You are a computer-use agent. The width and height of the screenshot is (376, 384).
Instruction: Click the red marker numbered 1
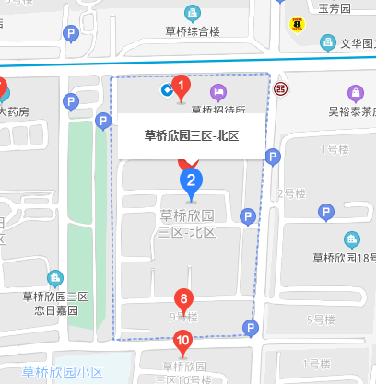182,88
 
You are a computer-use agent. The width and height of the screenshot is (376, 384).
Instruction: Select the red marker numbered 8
184,299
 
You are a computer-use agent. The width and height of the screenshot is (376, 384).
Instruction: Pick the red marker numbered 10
183,342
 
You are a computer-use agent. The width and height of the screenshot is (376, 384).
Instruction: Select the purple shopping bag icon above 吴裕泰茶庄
355,93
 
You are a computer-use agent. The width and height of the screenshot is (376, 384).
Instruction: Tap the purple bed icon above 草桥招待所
218,90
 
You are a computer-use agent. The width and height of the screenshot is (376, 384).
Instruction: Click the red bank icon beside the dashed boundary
280,88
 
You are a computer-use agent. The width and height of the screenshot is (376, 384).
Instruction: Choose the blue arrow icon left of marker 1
166,89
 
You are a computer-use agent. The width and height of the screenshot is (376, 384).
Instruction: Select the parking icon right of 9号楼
249,327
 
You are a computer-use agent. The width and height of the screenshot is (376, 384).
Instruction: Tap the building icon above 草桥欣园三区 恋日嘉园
54,277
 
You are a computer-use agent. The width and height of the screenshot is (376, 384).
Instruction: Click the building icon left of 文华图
327,42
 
